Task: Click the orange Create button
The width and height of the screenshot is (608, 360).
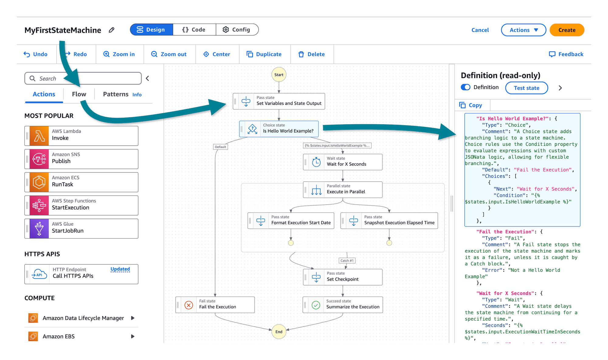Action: point(567,30)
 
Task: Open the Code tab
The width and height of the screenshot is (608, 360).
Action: point(194,30)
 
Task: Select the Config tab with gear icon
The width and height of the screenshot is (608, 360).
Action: point(237,30)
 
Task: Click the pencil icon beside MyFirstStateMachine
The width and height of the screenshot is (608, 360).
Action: point(112,30)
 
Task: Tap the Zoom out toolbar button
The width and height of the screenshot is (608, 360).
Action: point(169,54)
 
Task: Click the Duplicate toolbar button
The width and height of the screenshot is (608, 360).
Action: point(264,54)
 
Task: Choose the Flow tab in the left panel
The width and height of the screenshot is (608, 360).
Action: point(79,94)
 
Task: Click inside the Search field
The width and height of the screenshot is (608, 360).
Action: point(88,79)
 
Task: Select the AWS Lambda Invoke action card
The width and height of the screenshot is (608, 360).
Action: point(81,136)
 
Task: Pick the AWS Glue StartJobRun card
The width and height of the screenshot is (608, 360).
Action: point(81,229)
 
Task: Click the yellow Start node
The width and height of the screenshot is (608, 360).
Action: point(279,75)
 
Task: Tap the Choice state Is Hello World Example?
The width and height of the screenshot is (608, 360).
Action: point(279,129)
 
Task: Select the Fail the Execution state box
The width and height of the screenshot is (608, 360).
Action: point(215,305)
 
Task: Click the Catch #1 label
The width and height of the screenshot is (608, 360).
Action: point(347,261)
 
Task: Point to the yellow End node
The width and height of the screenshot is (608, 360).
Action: point(279,332)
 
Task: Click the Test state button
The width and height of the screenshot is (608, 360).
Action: point(527,88)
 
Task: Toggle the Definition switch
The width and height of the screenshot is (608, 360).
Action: point(465,87)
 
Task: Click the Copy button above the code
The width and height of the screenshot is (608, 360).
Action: point(471,105)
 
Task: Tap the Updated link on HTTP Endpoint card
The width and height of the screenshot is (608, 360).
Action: point(120,269)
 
